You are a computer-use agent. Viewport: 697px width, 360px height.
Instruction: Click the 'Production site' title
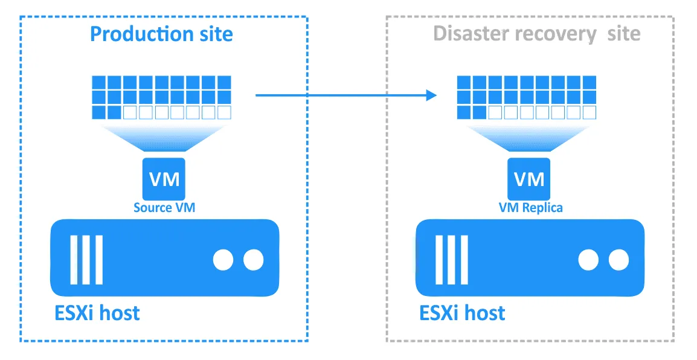[x=161, y=34]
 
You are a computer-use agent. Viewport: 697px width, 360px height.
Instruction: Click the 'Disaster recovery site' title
[x=537, y=34]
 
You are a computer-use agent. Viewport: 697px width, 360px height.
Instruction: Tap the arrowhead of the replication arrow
[x=430, y=95]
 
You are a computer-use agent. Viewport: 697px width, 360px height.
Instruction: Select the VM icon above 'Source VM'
[x=164, y=178]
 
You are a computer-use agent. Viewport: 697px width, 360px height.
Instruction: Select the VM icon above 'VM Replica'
[x=529, y=178]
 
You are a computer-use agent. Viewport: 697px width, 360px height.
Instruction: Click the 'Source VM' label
[x=164, y=208]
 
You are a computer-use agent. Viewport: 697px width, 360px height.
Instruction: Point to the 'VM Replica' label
[x=530, y=208]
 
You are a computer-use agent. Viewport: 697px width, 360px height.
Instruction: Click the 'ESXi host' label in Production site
[x=97, y=313]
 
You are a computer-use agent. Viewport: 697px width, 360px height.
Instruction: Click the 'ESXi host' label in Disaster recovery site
[x=462, y=313]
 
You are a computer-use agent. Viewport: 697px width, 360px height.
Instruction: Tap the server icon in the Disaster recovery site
[x=530, y=257]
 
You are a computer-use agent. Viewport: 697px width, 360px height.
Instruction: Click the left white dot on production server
[x=223, y=260]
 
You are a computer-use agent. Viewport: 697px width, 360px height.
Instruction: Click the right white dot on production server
[x=254, y=260]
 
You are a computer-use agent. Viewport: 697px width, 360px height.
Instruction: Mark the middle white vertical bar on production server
[x=86, y=259]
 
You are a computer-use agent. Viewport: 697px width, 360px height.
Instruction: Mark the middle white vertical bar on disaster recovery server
[x=452, y=259]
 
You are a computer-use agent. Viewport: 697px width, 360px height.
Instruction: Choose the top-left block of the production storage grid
[x=98, y=82]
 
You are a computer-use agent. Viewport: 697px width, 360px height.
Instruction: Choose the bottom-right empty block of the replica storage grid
[x=589, y=112]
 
